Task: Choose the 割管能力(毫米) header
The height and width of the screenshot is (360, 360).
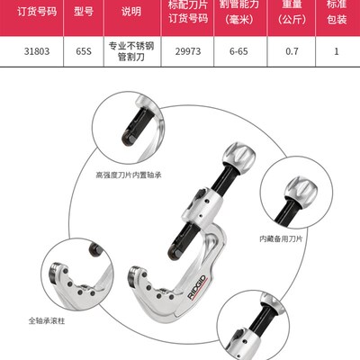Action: coord(238,11)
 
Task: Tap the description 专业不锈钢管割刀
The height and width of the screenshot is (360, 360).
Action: coord(131,51)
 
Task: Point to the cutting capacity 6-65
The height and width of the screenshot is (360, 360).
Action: coord(238,51)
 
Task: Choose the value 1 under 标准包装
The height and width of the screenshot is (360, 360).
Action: coord(337,51)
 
